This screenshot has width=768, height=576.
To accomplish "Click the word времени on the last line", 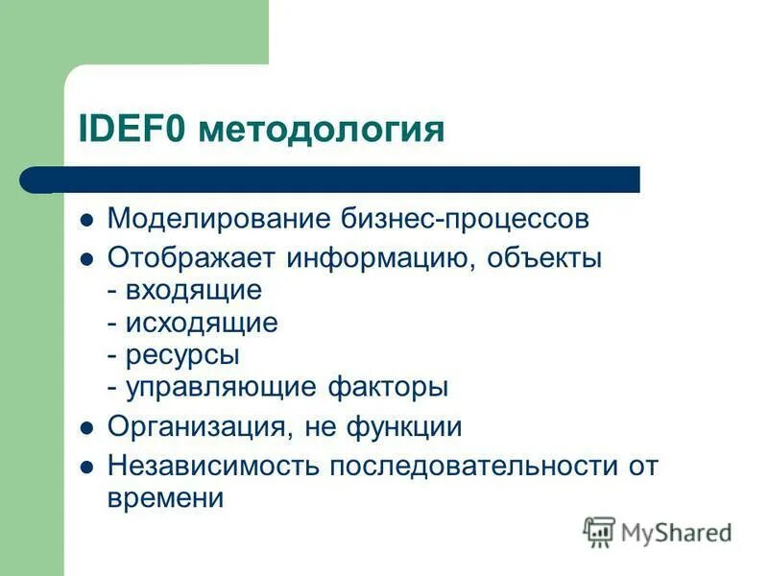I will click(165, 498).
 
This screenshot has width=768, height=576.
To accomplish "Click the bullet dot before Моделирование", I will click(86, 220).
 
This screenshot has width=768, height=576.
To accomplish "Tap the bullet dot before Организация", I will click(86, 427).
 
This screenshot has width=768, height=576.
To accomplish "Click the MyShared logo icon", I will click(599, 531).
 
